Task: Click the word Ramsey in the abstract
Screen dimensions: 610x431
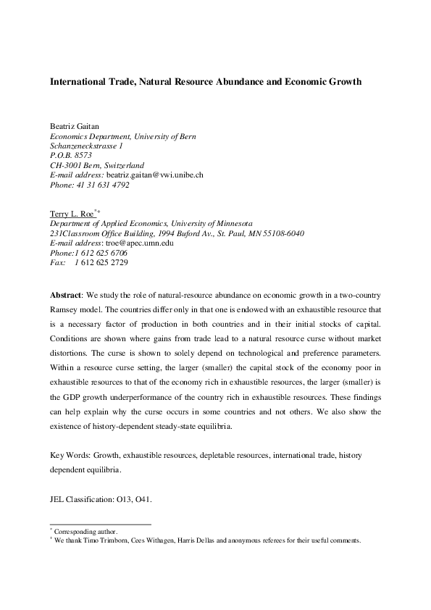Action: click(x=64, y=311)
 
